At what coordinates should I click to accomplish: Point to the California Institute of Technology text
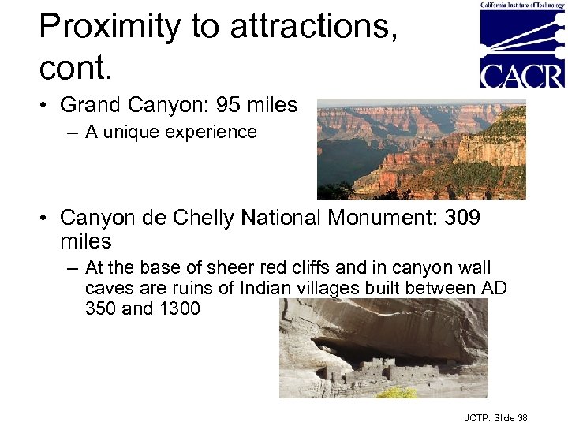pyautogui.click(x=523, y=5)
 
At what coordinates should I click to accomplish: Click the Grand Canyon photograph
pyautogui.click(x=421, y=149)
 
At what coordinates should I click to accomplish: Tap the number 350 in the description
pyautogui.click(x=101, y=308)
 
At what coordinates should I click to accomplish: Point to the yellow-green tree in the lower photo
pyautogui.click(x=396, y=391)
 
